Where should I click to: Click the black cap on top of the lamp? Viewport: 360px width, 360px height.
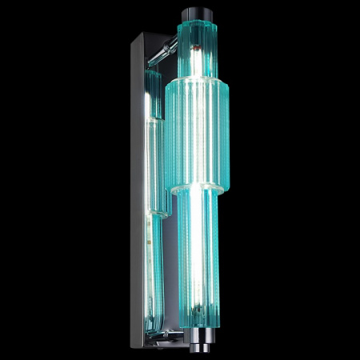(196, 14)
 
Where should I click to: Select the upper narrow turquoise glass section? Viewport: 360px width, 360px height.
(196, 48)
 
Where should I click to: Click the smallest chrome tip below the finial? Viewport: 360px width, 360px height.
(197, 342)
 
